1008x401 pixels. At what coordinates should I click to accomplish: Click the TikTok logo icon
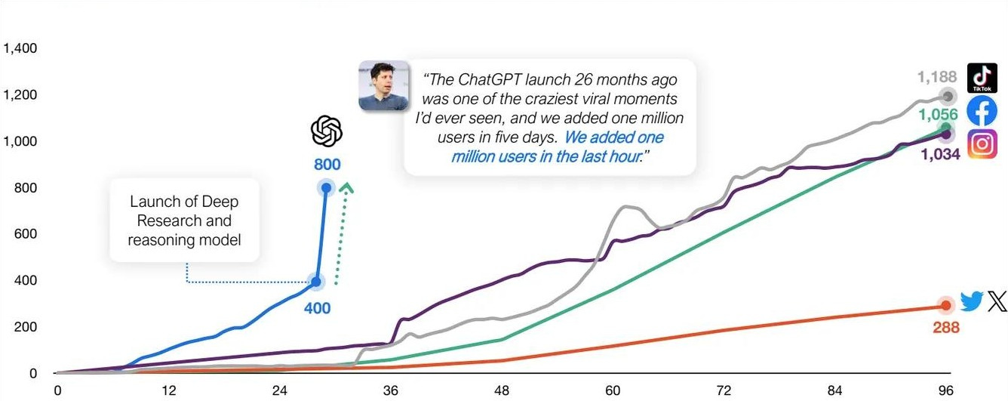[x=982, y=78]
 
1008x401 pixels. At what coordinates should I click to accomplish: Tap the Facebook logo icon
[x=982, y=111]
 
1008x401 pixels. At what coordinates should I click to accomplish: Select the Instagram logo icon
[x=982, y=143]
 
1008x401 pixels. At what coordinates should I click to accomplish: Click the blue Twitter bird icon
[x=972, y=302]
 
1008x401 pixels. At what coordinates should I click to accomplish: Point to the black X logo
[x=997, y=302]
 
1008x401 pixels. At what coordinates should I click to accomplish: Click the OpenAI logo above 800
[x=327, y=132]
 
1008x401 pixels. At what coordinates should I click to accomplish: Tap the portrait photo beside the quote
[x=383, y=86]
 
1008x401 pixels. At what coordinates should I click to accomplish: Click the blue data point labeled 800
[x=326, y=188]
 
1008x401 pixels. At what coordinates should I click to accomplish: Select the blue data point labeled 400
[x=316, y=282]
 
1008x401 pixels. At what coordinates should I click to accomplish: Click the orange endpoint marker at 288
[x=945, y=305]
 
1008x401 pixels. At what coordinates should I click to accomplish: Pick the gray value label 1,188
[x=936, y=77]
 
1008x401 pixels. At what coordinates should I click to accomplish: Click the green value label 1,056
[x=938, y=115]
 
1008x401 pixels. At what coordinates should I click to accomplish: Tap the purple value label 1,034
[x=939, y=154]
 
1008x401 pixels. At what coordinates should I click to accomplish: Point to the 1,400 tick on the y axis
[x=20, y=49]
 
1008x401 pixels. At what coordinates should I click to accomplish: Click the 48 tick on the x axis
[x=502, y=390]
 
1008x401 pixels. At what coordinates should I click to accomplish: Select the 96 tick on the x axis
[x=945, y=390]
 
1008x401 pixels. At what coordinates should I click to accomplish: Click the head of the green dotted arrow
[x=346, y=187]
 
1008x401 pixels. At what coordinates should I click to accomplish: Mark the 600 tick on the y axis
[x=25, y=235]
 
